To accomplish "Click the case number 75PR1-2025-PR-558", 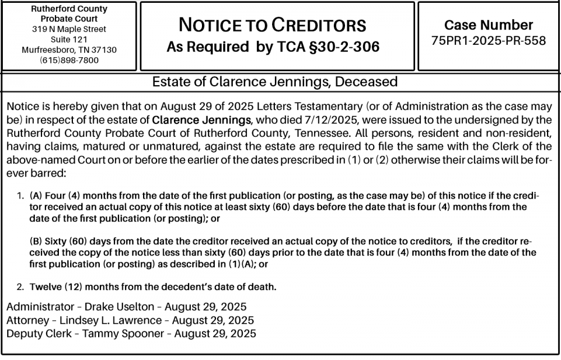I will click(489, 41).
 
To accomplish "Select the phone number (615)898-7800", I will click(69, 60).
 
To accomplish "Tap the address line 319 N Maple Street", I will click(69, 29).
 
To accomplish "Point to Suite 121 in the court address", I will click(69, 39).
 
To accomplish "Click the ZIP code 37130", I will click(105, 50).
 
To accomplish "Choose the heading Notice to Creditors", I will click(272, 25).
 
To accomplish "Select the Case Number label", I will click(489, 25).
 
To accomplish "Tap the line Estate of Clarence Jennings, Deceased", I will click(275, 82).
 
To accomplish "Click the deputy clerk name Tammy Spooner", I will click(125, 334).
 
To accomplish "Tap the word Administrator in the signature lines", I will click(40, 307).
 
